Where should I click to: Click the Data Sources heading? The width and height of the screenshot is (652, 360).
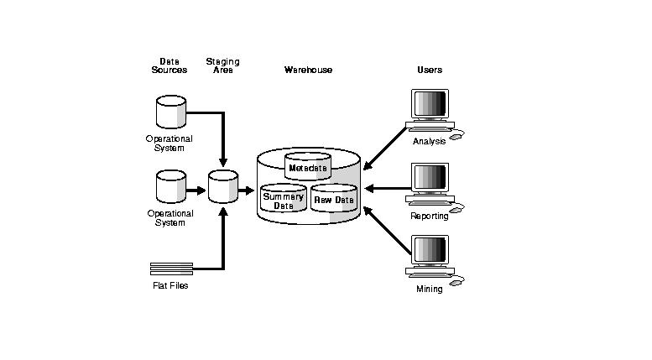[x=170, y=65]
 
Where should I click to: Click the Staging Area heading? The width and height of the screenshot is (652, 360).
[x=222, y=65]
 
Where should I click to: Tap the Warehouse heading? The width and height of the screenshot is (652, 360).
[x=308, y=70]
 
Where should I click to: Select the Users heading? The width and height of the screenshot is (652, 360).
[x=430, y=70]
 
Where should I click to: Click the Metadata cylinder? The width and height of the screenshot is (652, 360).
[x=308, y=167]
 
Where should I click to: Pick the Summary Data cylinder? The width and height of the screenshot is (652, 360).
[x=283, y=200]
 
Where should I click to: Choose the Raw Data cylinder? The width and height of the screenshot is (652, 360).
[x=334, y=200]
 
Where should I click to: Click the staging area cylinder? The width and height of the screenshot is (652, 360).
[x=223, y=186]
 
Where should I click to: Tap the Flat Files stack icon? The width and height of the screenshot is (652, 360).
[x=171, y=268]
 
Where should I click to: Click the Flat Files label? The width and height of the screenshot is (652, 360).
[x=170, y=285]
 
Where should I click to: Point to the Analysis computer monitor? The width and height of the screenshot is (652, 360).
[x=430, y=107]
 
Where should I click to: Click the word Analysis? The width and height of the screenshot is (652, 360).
[x=430, y=141]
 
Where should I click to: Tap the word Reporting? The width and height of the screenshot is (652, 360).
[x=430, y=216]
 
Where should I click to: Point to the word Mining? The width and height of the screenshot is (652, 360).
[x=430, y=289]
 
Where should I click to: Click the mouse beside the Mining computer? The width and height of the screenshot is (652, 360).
[x=456, y=282]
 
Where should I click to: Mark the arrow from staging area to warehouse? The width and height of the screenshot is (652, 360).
[x=246, y=190]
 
